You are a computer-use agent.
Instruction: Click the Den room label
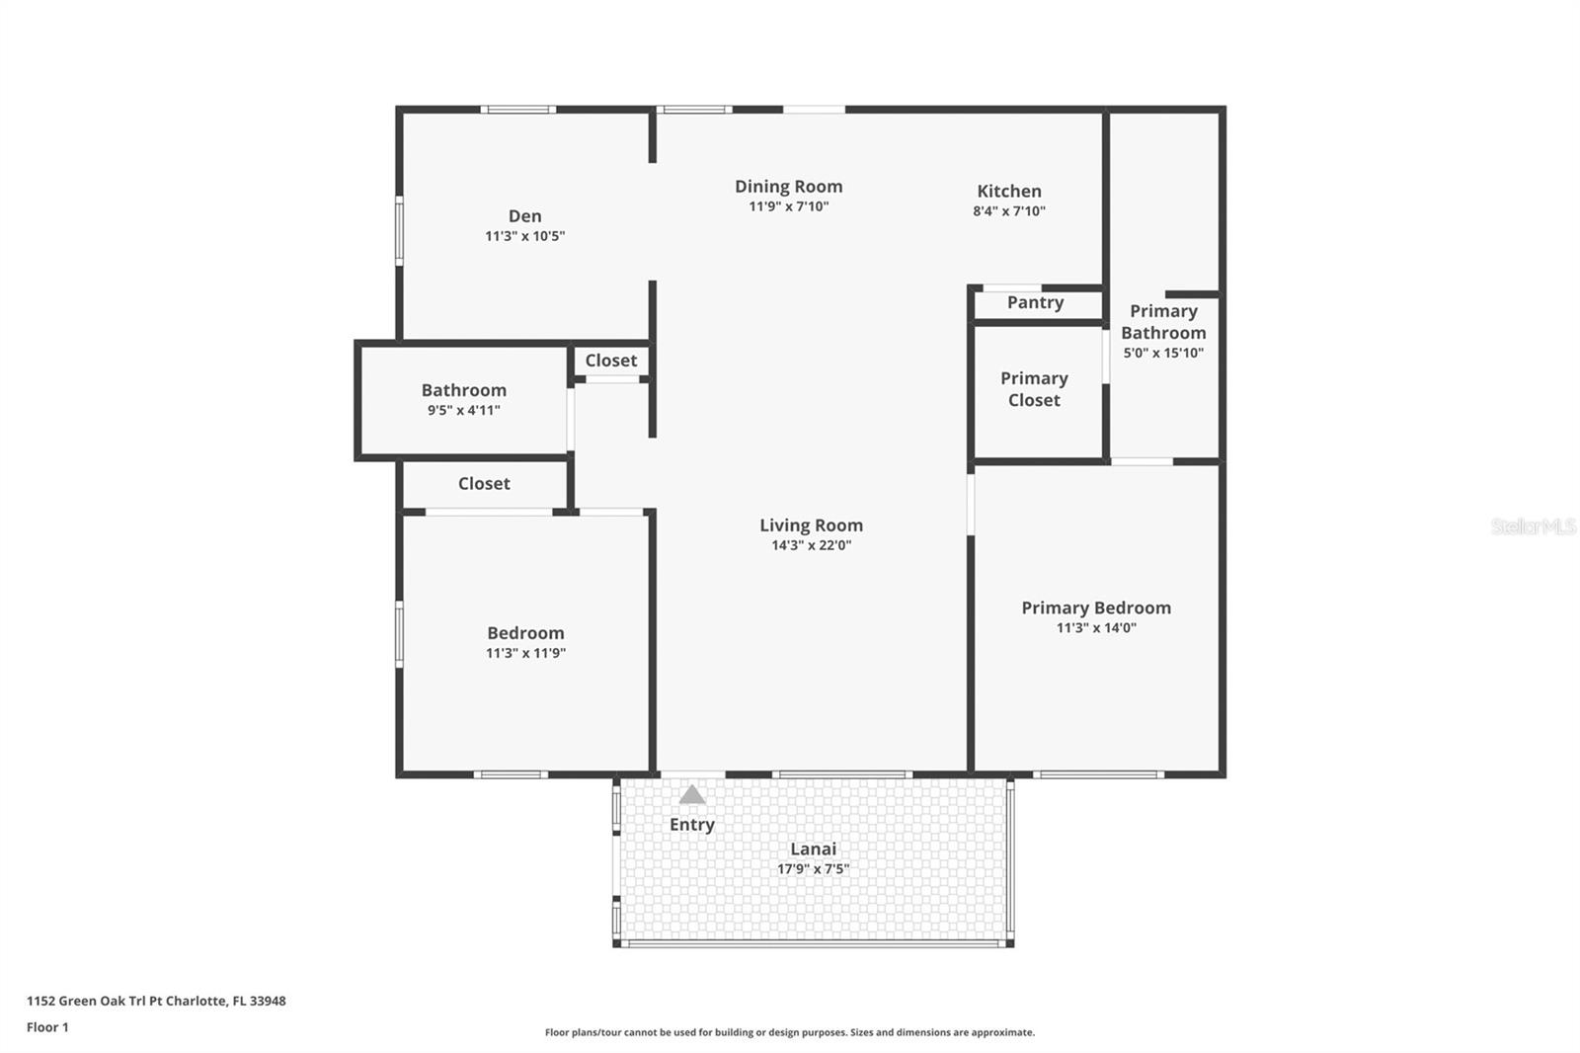tap(524, 216)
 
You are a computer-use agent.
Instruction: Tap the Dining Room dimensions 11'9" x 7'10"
tap(788, 206)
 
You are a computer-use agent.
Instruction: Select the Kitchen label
tap(1008, 191)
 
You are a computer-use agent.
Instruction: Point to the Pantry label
tap(1035, 302)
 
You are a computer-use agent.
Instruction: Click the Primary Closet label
tap(1033, 389)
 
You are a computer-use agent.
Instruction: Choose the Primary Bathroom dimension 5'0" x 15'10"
tap(1162, 353)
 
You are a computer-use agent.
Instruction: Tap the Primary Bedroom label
tap(1095, 607)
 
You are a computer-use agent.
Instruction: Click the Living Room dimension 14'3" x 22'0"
tap(811, 545)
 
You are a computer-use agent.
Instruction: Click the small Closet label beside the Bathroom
tap(610, 361)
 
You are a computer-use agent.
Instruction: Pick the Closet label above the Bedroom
tap(484, 483)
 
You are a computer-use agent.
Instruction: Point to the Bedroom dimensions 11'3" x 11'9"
tap(525, 653)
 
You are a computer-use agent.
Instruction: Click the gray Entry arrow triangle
tap(692, 794)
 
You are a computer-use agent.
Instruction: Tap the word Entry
tap(691, 824)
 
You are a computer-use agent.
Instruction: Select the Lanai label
tap(813, 849)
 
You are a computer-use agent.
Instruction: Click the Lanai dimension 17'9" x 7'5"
tap(813, 869)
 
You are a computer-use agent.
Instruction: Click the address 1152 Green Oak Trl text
tap(156, 1001)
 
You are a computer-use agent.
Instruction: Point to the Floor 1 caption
tap(47, 1027)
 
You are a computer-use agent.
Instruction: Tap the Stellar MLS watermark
tap(1533, 526)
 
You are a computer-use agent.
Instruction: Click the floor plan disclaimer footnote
tap(789, 1032)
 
